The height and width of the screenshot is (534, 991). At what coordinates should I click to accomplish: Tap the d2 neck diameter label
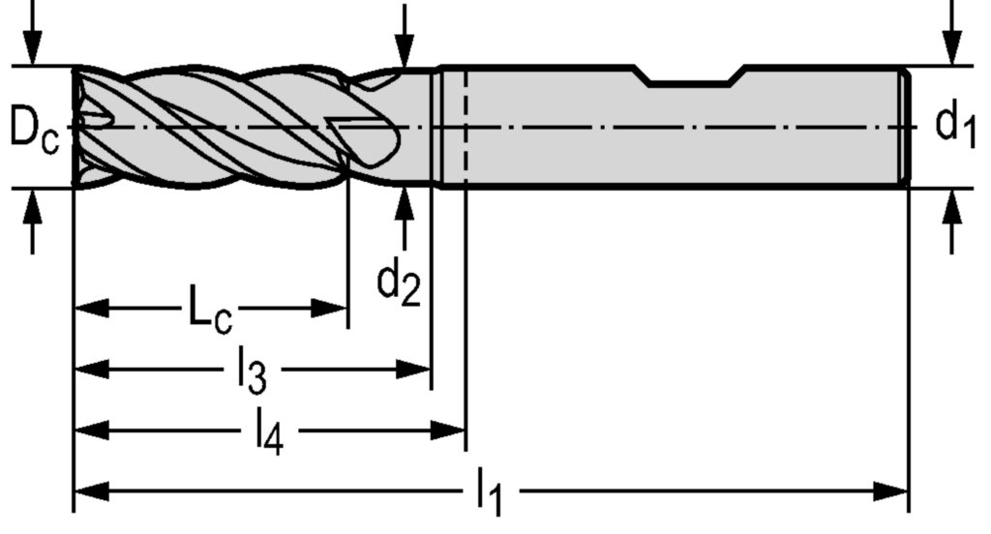tap(399, 284)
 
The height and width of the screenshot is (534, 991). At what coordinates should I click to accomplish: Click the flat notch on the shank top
tap(688, 79)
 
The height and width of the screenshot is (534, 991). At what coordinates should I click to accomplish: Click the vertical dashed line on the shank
tap(465, 126)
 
